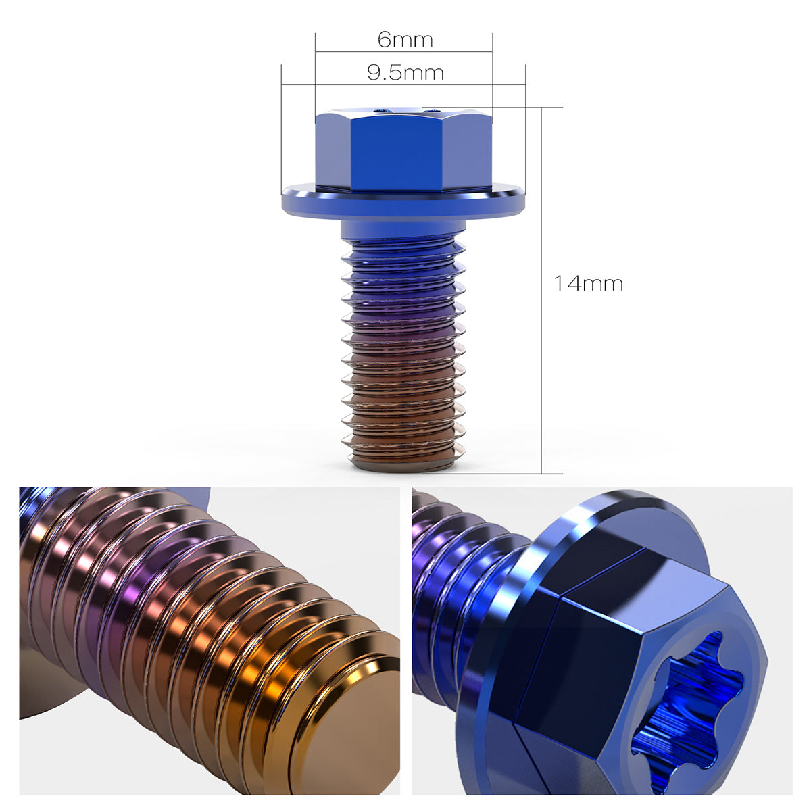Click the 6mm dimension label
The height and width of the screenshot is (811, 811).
405,40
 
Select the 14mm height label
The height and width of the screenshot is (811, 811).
588,283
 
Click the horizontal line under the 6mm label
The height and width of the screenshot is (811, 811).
403,51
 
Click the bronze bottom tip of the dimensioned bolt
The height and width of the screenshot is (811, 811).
403,464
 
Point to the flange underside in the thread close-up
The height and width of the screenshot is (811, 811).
41,683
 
